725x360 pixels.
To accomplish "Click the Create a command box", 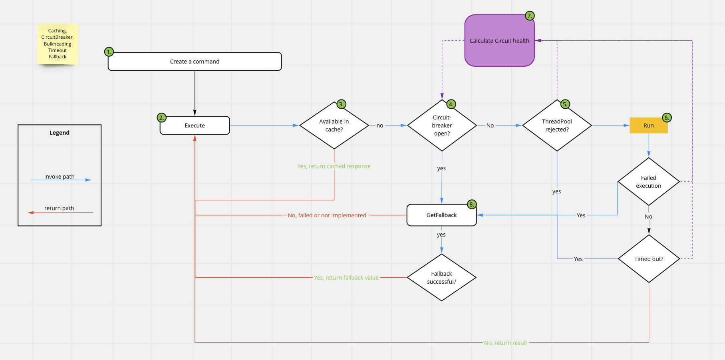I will [x=195, y=62].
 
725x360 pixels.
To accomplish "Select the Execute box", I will [x=195, y=125].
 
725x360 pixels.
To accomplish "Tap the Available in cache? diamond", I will [x=334, y=125].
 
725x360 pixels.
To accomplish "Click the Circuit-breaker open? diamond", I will [x=442, y=125].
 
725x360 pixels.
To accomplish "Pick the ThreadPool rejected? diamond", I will [x=557, y=125].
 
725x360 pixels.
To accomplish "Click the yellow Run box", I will [x=648, y=125].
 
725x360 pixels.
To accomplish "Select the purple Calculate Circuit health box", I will [x=499, y=41].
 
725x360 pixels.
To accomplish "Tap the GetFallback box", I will [x=441, y=215].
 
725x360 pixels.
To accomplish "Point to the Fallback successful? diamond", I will [x=441, y=277].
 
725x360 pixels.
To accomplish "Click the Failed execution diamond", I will [x=648, y=182].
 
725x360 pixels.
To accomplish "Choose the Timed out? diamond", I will [x=649, y=259].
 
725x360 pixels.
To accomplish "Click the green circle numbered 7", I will [x=529, y=16].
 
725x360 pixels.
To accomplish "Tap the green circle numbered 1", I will [x=109, y=52].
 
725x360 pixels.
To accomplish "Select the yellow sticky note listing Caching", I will [x=58, y=44].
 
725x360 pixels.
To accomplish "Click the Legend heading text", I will [x=60, y=133].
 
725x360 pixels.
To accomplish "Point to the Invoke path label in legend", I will [x=59, y=177].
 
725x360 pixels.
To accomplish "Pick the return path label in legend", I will [x=59, y=208].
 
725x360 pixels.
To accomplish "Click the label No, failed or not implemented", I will [x=327, y=215].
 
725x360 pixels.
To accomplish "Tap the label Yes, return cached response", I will [x=334, y=166].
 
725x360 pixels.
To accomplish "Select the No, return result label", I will [x=505, y=343].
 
